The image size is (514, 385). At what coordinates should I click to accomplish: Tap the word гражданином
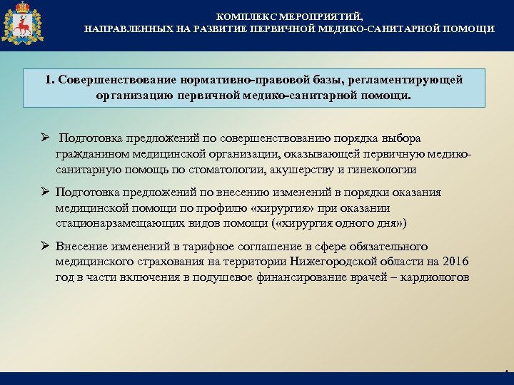(x=91, y=154)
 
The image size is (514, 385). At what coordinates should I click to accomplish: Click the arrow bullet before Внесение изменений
(x=45, y=246)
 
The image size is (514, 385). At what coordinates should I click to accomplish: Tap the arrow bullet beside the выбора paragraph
(x=45, y=138)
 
